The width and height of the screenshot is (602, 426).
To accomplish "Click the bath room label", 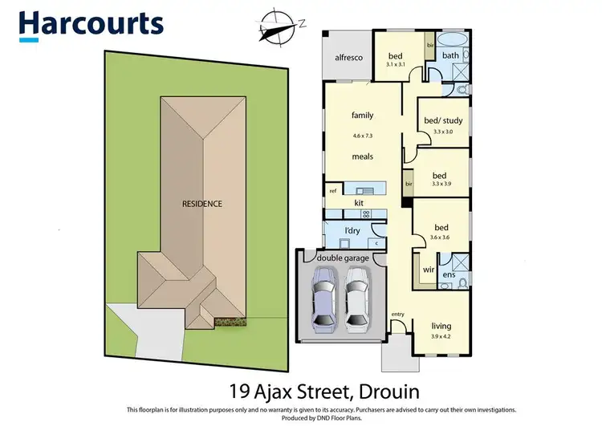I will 450,55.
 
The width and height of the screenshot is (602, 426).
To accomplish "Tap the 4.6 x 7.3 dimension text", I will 363,135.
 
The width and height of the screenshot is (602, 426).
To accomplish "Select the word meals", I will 363,156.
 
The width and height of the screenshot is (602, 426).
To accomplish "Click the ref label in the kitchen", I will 332,191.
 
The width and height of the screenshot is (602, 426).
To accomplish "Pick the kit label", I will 359,204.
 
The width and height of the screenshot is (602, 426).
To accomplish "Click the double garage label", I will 343,258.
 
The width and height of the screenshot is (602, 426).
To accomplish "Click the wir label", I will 428,270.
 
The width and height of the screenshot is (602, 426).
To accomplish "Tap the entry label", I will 397,314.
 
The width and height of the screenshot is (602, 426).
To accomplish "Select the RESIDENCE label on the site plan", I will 201,204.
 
